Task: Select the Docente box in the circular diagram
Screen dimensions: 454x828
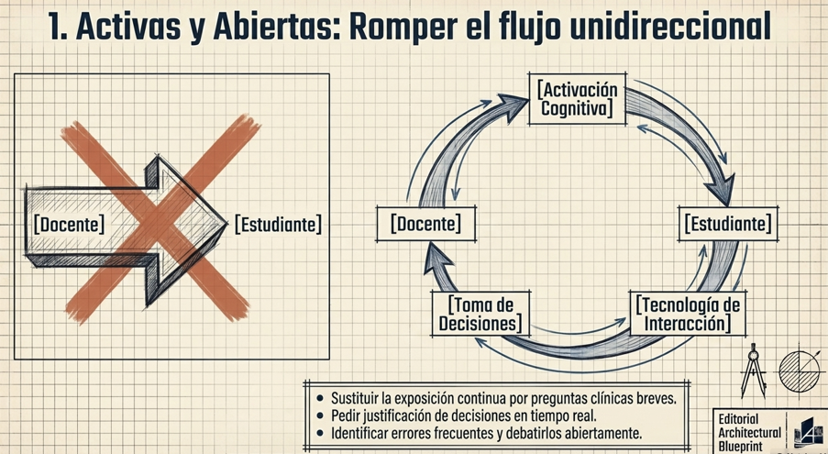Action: point(425,224)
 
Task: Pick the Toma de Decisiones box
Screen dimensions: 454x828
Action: point(480,314)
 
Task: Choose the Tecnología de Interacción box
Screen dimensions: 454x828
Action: point(688,314)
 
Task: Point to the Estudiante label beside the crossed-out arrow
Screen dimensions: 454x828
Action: point(279,224)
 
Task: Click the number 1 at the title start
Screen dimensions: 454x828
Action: point(57,28)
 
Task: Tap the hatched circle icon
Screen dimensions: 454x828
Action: point(798,371)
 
